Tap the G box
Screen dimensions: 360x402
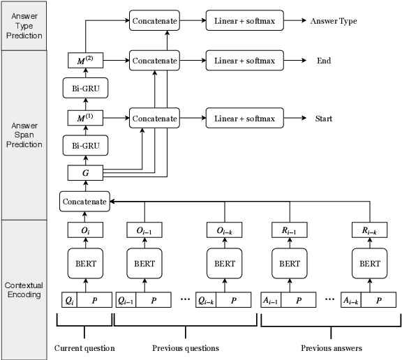[x=84, y=172]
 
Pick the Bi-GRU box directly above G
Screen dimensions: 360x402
[x=84, y=145]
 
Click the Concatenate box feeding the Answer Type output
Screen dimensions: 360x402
[x=154, y=21]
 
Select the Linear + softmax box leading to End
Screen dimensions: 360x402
[x=244, y=61]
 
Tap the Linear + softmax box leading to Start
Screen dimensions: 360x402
[x=244, y=119]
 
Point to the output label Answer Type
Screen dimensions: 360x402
[x=333, y=21]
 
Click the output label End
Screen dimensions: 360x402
[x=324, y=61]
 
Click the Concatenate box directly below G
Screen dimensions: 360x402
[x=84, y=202]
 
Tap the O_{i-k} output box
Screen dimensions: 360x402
[x=225, y=231]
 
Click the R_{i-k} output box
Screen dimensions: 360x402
[x=370, y=231]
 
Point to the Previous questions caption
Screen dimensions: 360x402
[x=186, y=347]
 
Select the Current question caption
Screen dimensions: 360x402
[x=84, y=347]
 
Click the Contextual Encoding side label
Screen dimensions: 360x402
[x=24, y=290]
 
